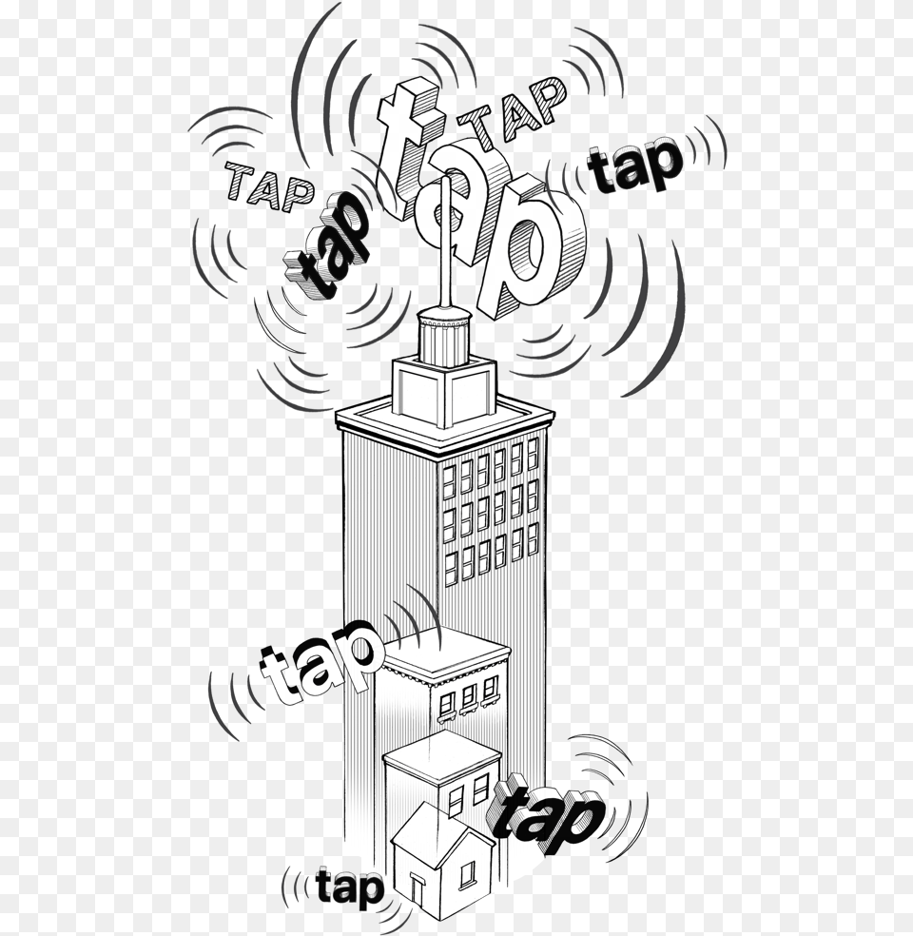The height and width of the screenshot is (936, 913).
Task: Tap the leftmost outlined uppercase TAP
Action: pos(269,186)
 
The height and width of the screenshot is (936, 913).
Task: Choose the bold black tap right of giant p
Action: pos(634,167)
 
